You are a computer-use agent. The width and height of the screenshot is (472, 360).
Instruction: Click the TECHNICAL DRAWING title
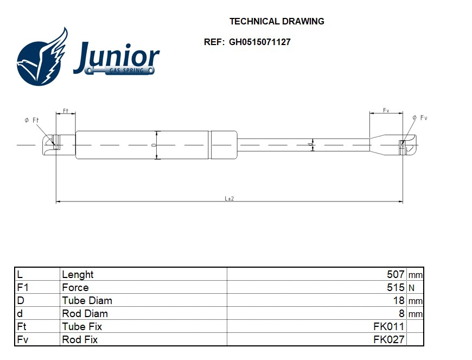point(277,22)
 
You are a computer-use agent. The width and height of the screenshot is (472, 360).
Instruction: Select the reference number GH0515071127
point(259,42)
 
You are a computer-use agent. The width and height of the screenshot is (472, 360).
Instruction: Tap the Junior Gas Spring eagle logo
point(42,58)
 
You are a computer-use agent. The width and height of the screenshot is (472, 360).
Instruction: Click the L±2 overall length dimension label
point(229,199)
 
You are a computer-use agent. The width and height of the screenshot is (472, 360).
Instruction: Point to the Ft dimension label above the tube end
point(66,111)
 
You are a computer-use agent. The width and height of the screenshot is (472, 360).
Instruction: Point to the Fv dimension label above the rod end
point(386,110)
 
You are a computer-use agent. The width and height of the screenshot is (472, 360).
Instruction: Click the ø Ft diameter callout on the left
point(32,120)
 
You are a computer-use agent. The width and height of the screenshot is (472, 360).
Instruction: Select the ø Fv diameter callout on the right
point(420,118)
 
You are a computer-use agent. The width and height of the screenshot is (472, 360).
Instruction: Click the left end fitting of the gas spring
point(52,144)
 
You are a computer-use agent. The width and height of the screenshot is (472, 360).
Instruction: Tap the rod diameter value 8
point(401,314)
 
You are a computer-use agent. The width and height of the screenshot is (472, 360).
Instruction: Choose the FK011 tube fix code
point(389,327)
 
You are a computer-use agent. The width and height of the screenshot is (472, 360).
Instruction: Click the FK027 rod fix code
point(389,340)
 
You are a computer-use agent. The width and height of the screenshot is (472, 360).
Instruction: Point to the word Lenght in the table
point(78,275)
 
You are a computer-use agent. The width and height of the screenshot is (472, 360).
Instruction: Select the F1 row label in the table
point(22,288)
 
